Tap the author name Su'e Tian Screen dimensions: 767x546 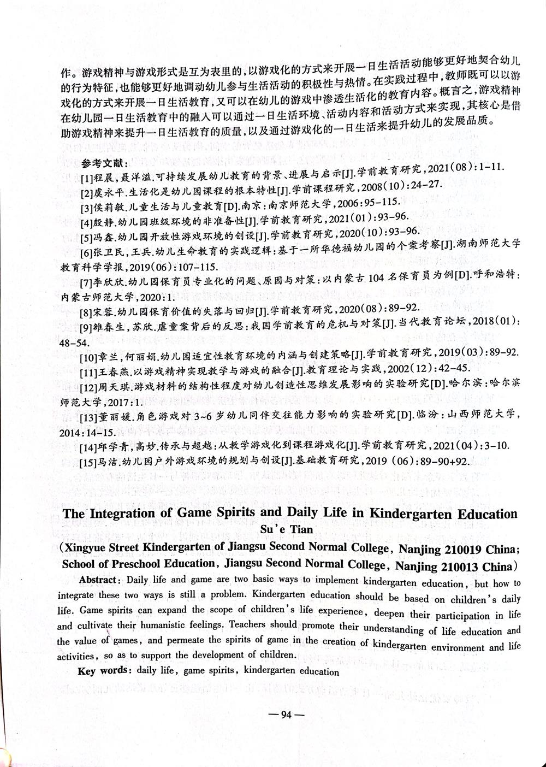point(289,529)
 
